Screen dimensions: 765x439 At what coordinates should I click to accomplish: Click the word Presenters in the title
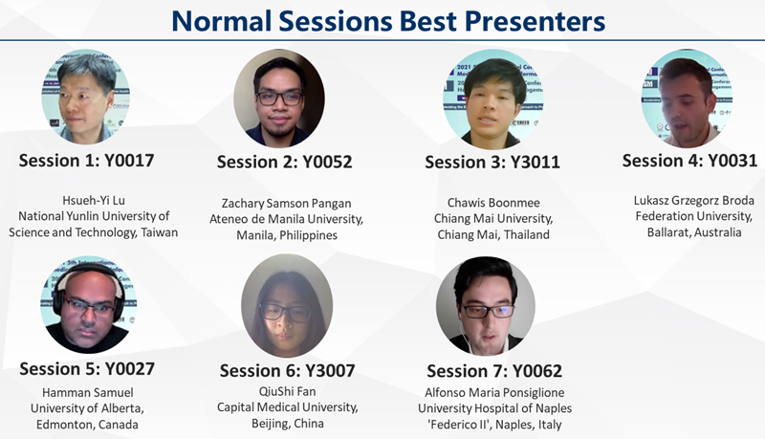click(535, 21)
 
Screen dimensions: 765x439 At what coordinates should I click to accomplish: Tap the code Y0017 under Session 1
click(129, 161)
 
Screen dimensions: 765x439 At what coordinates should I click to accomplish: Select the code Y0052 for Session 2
click(327, 162)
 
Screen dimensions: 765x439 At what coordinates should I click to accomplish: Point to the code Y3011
click(535, 162)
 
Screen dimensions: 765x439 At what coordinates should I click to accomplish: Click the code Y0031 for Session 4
click(732, 161)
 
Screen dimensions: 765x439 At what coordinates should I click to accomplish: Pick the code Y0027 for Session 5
click(130, 369)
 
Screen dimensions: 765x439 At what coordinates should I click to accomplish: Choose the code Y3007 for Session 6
click(330, 371)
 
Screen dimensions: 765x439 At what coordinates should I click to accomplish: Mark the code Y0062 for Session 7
click(537, 371)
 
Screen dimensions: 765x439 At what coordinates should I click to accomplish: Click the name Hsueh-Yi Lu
click(94, 201)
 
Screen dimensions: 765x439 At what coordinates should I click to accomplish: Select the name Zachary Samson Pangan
click(286, 204)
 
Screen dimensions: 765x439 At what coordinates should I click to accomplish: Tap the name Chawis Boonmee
click(493, 203)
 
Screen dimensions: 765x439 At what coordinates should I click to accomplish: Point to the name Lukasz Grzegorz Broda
click(694, 201)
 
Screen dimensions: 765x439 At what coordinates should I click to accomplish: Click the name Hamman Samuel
click(87, 393)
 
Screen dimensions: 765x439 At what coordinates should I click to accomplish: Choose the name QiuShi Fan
click(288, 391)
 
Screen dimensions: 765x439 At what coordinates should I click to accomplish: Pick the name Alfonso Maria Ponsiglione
click(494, 393)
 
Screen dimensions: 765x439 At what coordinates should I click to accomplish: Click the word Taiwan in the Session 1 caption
click(160, 232)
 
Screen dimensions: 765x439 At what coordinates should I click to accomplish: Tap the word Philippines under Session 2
click(308, 235)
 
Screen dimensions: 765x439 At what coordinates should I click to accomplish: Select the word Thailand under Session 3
click(527, 234)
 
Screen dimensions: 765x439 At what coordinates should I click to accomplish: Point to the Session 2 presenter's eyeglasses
click(279, 99)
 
